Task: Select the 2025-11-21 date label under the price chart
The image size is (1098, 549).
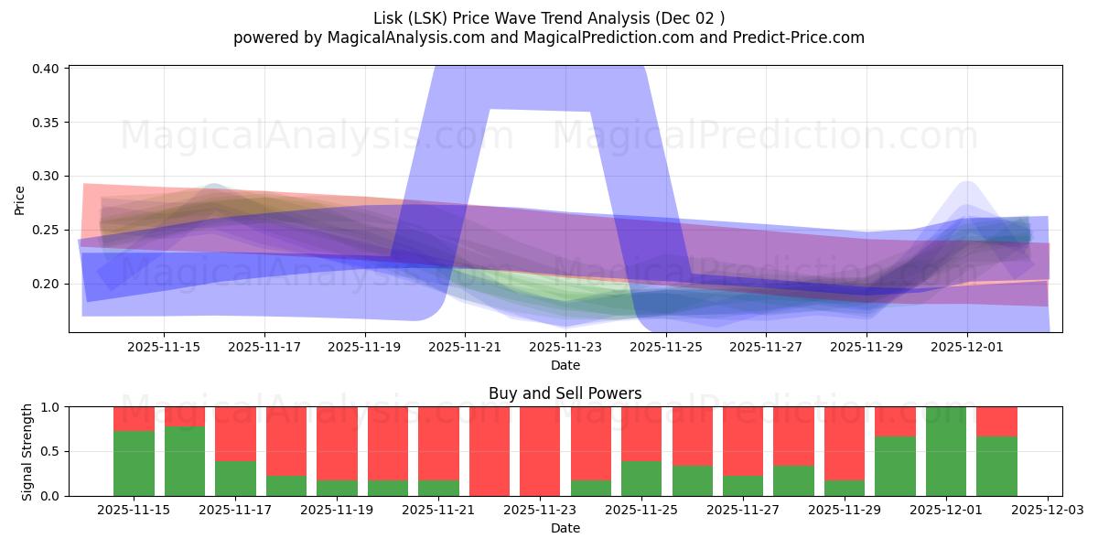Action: (x=465, y=347)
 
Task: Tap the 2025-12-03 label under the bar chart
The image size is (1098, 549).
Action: (x=1047, y=511)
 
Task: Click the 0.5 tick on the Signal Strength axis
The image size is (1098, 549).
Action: (x=51, y=451)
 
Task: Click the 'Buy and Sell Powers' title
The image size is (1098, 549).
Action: (x=565, y=393)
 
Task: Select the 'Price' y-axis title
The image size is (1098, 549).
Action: (x=20, y=199)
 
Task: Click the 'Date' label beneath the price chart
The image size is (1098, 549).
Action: (x=565, y=365)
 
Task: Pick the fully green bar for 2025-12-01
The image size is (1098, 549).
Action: (x=946, y=451)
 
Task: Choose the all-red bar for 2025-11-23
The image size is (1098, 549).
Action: (x=540, y=451)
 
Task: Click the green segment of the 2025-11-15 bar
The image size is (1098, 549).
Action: (x=134, y=464)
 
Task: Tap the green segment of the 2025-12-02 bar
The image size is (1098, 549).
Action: (x=996, y=467)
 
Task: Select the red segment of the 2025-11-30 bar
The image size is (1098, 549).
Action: (x=895, y=421)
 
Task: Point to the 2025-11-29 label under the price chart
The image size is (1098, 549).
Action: (x=867, y=347)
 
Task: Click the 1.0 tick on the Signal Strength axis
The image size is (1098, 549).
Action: (x=51, y=407)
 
